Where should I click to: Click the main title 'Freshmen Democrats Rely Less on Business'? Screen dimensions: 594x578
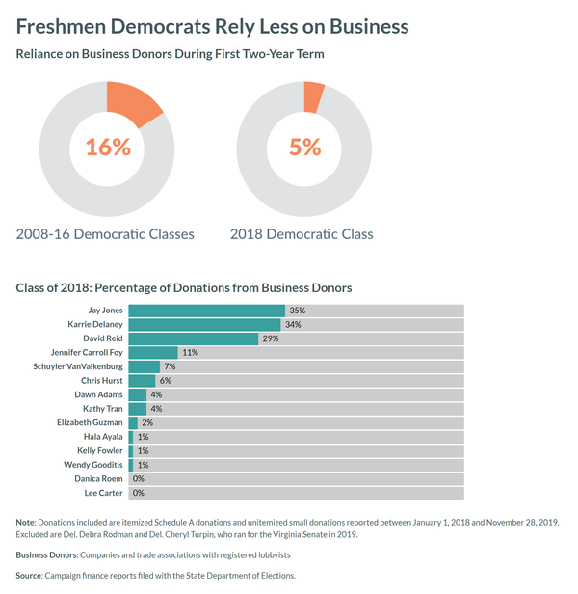pos(213,26)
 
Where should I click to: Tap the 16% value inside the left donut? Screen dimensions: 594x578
pos(108,148)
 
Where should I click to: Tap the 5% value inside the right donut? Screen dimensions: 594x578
pos(304,148)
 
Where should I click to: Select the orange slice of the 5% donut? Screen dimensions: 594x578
pos(313,96)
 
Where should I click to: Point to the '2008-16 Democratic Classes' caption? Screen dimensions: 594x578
pos(105,234)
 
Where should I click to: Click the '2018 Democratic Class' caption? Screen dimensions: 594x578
pos(302,234)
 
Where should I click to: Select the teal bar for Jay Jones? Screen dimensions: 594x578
pos(206,310)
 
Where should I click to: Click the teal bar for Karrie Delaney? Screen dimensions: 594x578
pos(204,325)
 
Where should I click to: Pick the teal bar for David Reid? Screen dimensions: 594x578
pos(193,338)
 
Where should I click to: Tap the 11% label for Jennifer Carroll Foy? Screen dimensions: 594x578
pos(190,353)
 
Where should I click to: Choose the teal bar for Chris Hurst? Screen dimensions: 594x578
pos(141,381)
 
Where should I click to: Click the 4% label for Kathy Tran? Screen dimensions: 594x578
pos(155,409)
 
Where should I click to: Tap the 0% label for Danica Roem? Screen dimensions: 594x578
pos(138,478)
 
